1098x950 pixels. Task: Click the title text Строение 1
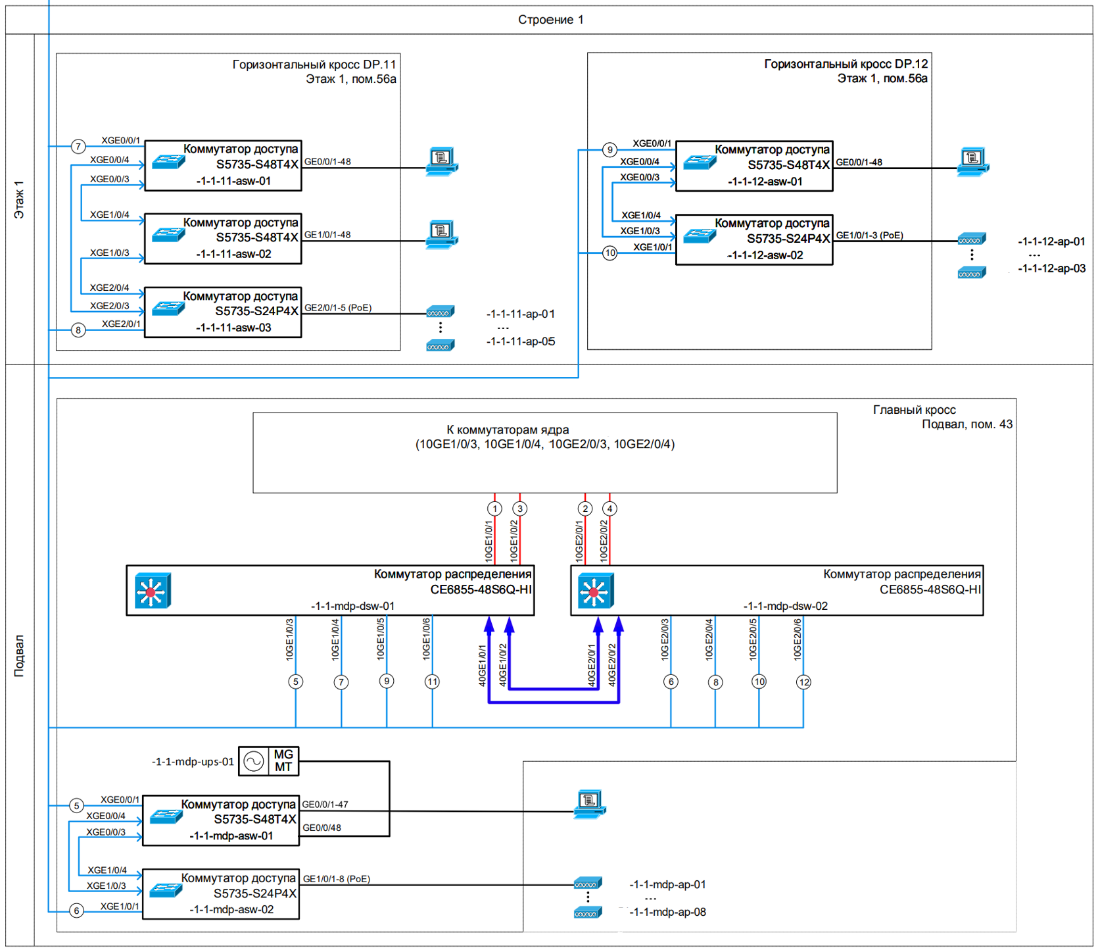[550, 20]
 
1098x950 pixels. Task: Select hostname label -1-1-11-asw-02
[233, 254]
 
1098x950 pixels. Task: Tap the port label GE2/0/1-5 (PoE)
[338, 308]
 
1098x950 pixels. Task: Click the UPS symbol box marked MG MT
[268, 761]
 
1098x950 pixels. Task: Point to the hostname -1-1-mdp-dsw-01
[352, 606]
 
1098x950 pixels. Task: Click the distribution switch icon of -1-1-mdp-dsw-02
[596, 591]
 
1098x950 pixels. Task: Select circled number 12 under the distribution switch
[803, 682]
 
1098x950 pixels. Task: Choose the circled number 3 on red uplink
[520, 509]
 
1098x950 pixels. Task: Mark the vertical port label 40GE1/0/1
[483, 665]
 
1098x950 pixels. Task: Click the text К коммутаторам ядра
[508, 430]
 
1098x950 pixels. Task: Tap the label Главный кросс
[914, 410]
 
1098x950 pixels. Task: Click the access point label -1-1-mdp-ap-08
[667, 912]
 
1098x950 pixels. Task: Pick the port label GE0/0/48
[322, 828]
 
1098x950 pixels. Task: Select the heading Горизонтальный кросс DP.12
[846, 64]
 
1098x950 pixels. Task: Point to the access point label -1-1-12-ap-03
[1051, 268]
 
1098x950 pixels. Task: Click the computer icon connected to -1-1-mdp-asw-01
[590, 804]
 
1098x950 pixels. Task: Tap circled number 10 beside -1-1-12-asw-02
[610, 253]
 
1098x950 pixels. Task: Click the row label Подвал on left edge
[19, 655]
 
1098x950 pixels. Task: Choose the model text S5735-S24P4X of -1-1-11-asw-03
[256, 311]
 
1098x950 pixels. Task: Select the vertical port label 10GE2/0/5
[753, 639]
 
